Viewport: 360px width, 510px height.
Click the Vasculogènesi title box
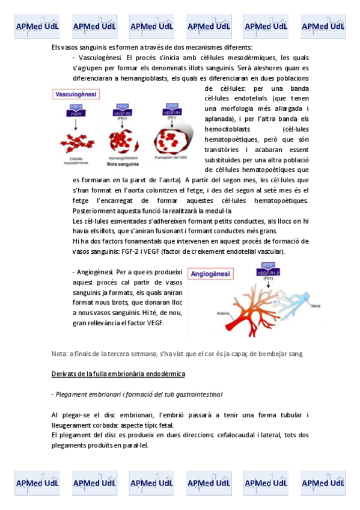click(76, 95)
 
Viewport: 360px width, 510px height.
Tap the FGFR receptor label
click(76, 112)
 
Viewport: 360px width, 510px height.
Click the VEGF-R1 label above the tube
click(171, 112)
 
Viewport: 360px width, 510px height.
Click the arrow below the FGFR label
click(76, 124)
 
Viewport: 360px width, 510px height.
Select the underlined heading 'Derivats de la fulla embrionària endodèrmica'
click(118, 373)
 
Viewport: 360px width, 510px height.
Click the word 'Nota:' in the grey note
click(59, 353)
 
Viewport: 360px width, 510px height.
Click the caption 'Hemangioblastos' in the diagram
click(123, 158)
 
